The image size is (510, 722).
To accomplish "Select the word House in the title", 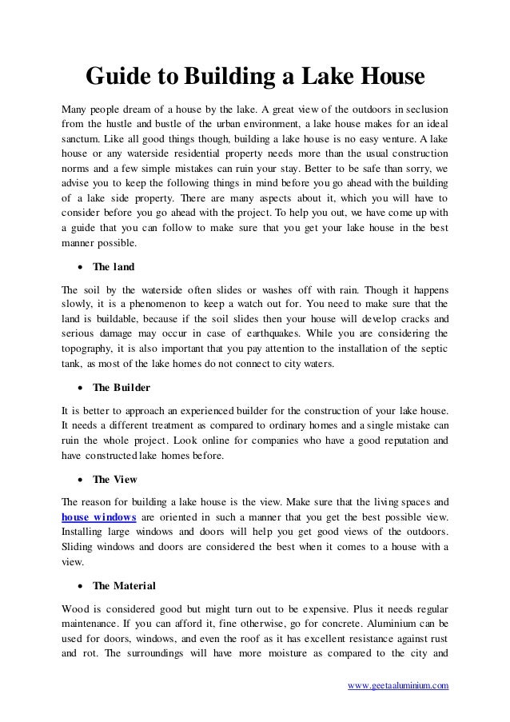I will coord(385,78).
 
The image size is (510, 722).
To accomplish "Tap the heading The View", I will coord(114,480).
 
